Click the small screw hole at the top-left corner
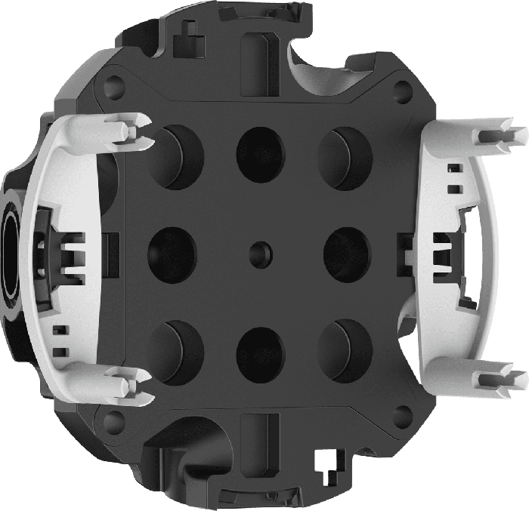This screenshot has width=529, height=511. coord(114,78)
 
